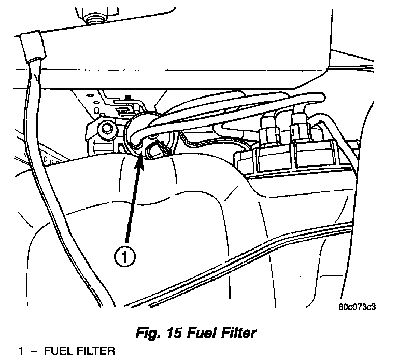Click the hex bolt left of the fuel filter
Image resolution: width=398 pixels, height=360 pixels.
click(107, 127)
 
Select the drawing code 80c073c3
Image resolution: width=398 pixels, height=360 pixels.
click(357, 306)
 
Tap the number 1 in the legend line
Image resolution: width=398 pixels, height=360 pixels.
click(21, 352)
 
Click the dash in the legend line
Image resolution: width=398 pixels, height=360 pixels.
click(34, 352)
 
